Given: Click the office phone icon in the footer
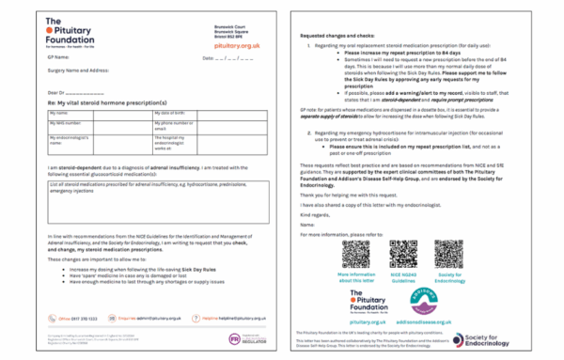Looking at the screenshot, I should point(53,319).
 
